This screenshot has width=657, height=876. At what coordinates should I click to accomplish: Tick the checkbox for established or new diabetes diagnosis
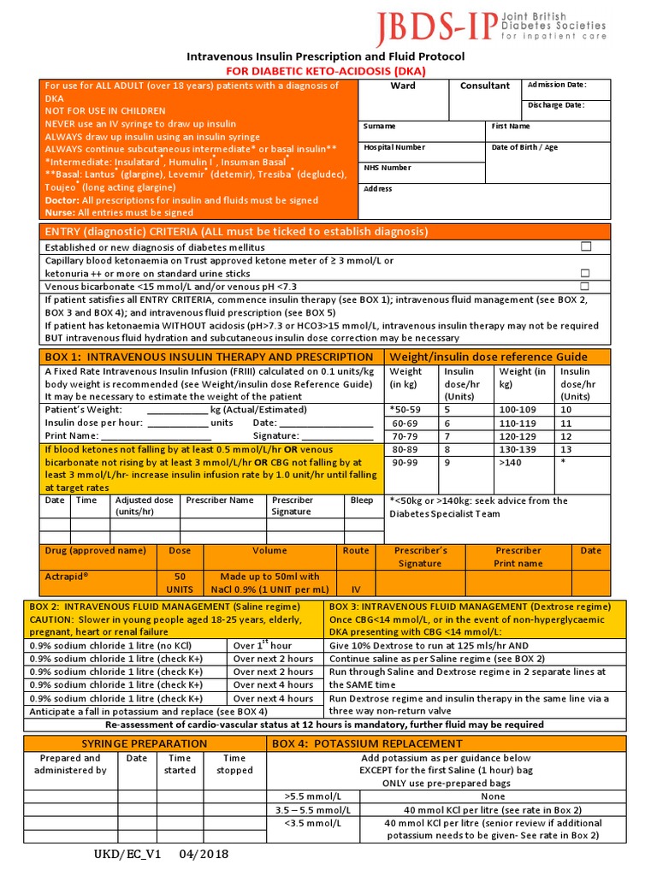coord(586,246)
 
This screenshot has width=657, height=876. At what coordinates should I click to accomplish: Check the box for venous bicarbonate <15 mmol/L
coord(586,286)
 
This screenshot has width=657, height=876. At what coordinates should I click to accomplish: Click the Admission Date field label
coord(556,85)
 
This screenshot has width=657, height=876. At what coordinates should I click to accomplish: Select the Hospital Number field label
coord(394,147)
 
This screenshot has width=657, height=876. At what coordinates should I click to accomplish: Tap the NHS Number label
coord(388,168)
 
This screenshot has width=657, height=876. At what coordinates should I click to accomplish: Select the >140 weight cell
coord(510,462)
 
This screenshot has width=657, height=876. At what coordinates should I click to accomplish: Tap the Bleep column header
coord(362,500)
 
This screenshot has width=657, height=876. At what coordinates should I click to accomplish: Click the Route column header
coord(356,551)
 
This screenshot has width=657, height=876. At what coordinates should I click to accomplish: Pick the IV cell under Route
coord(356,589)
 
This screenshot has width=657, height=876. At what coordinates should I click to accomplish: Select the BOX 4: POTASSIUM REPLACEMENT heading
coord(367,743)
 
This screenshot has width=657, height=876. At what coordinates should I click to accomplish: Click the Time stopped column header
coord(234,764)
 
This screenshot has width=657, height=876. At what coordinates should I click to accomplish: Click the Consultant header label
coord(485,86)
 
